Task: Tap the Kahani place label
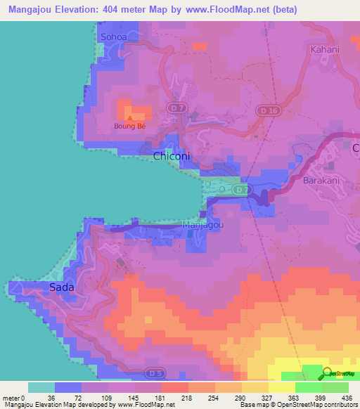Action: pos(324,50)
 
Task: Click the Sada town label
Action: pos(61,287)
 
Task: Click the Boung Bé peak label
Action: pos(131,126)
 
